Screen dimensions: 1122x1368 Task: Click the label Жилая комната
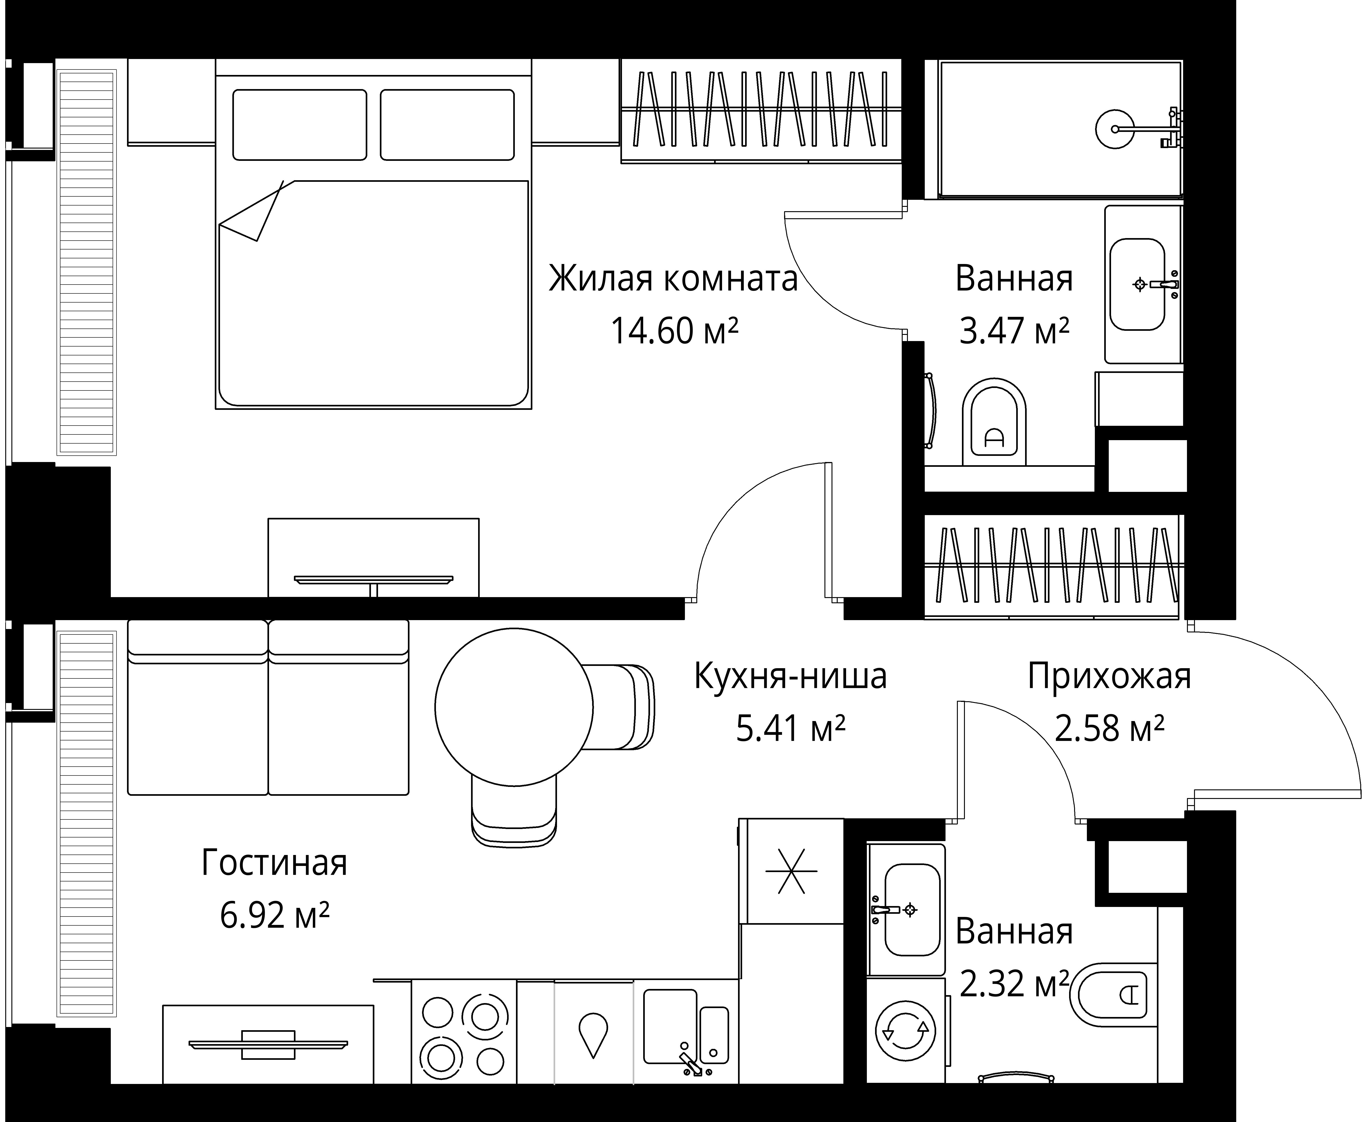click(673, 279)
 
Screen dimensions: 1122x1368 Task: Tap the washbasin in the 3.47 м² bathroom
click(1137, 284)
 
